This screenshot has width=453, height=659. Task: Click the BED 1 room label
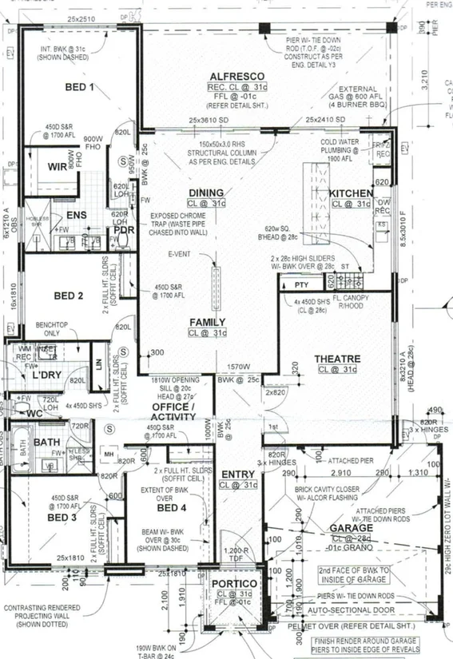pos(79,87)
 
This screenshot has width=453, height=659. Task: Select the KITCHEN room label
pos(351,194)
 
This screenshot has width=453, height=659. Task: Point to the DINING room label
pos(206,193)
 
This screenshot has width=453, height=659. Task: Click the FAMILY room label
pos(207,322)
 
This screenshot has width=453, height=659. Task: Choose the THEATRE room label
pos(337,359)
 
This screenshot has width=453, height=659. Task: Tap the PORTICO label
pos(231,583)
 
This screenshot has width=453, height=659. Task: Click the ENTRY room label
pos(238,474)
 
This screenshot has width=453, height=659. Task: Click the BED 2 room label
pos(69,296)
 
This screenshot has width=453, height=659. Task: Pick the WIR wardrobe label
pos(57,167)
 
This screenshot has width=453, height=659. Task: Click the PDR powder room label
pos(124,230)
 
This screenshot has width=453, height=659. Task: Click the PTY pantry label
pos(301,284)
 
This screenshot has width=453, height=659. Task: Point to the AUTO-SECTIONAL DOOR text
pos(350,608)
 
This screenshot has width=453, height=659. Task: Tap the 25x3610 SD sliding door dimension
pos(207,120)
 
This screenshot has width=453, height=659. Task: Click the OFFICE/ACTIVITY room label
pos(173,411)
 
